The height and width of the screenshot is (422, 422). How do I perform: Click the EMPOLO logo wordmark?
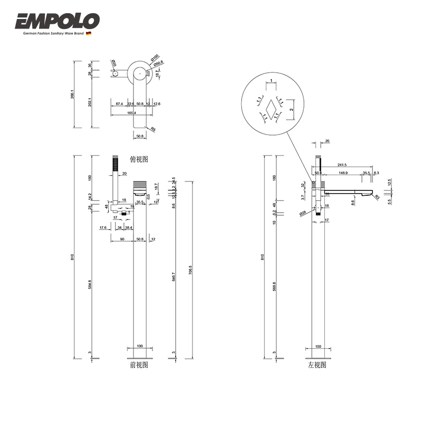[57, 21]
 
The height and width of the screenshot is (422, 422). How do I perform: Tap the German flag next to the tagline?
[89, 34]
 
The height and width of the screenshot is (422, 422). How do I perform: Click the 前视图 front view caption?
[139, 365]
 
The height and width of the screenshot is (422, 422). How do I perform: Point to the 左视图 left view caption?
[317, 365]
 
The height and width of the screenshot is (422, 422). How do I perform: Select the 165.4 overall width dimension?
[131, 113]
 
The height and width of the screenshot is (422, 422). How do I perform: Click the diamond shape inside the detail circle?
[271, 109]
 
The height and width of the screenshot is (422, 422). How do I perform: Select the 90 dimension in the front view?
[121, 239]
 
